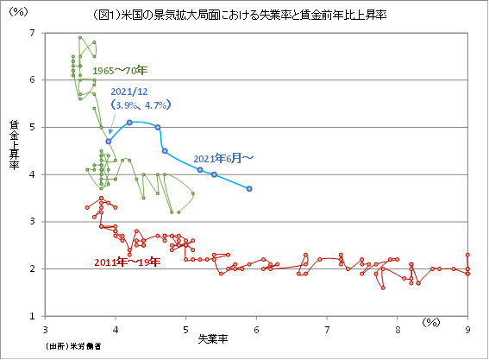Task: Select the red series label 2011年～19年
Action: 128,262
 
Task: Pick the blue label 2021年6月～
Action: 223,159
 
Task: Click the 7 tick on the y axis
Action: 33,33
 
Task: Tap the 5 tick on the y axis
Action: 33,127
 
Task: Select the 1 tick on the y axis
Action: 33,316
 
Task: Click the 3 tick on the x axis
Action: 44,329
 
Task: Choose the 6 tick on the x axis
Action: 256,329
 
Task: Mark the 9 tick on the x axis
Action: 468,329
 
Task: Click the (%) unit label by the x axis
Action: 433,321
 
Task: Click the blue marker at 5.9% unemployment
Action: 249,188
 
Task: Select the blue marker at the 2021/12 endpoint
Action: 109,142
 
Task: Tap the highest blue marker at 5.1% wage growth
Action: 129,123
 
